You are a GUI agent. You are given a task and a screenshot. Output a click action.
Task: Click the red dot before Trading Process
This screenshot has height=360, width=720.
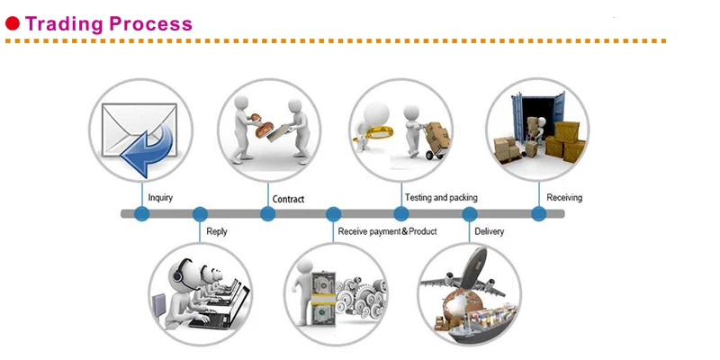tap(13, 23)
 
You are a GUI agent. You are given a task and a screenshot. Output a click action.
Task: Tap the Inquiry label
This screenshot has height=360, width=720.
tap(160, 198)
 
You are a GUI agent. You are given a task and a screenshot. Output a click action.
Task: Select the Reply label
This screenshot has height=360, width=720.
tap(216, 231)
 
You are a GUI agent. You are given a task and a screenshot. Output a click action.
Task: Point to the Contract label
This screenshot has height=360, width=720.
tap(288, 199)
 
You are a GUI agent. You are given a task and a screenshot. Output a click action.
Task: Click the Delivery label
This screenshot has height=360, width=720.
tap(489, 231)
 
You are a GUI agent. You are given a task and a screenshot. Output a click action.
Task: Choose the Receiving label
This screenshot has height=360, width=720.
tap(564, 197)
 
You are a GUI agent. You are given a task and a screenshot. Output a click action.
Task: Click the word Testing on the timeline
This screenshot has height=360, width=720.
tap(418, 198)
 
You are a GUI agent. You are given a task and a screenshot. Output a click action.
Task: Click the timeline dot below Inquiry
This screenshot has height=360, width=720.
tap(142, 213)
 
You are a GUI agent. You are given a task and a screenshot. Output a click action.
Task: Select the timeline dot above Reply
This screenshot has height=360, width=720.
tap(200, 214)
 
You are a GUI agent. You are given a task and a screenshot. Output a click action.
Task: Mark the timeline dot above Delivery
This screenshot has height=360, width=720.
tap(469, 214)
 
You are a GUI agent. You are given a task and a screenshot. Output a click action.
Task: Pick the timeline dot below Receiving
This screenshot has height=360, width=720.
tap(539, 213)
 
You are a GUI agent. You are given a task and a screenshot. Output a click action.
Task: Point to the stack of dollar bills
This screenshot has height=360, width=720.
tap(322, 298)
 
